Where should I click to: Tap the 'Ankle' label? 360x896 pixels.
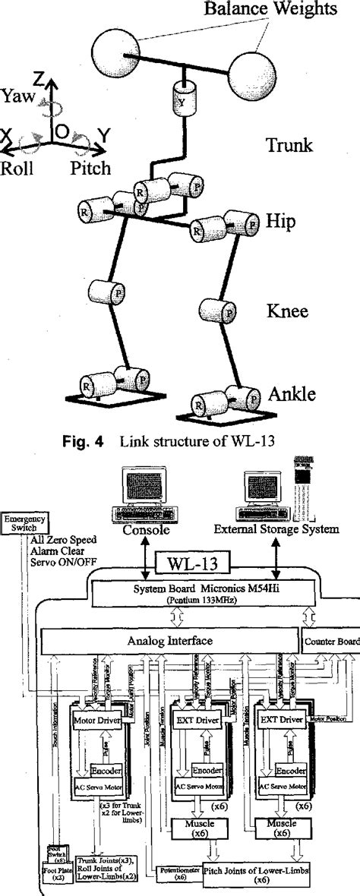(292, 393)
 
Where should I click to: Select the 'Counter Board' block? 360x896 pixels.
(331, 642)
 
